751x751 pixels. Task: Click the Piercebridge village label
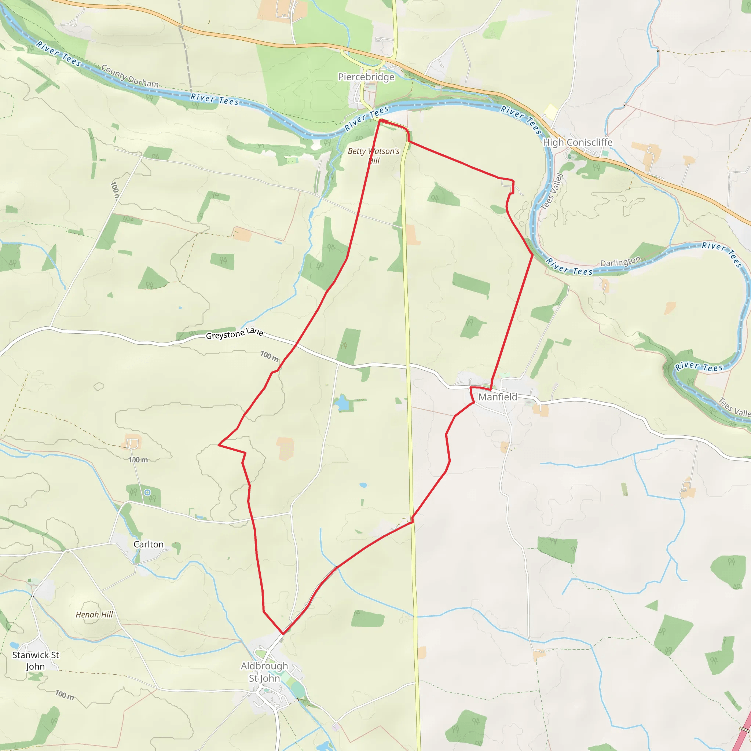click(366, 77)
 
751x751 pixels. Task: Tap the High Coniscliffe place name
click(577, 142)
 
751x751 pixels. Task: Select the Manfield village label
click(498, 397)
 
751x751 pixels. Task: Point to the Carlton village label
click(149, 544)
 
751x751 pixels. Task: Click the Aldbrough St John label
click(264, 672)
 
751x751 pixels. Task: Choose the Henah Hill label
click(94, 615)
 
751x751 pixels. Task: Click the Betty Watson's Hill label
click(374, 155)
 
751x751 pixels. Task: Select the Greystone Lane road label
click(234, 334)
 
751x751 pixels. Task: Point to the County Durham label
click(130, 76)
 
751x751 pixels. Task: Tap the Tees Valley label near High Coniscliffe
click(552, 192)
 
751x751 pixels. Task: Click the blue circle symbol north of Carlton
click(147, 492)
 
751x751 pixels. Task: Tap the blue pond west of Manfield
click(342, 403)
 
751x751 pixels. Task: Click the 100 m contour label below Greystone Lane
click(270, 356)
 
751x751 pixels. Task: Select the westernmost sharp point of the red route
click(219, 445)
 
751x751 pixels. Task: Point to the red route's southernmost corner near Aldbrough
click(283, 634)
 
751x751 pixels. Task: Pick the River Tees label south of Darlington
click(699, 366)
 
